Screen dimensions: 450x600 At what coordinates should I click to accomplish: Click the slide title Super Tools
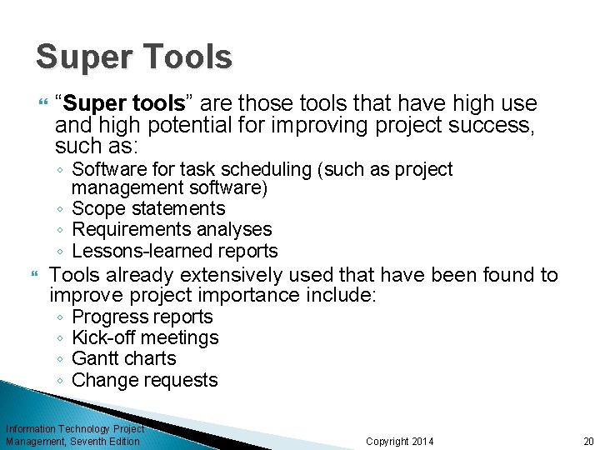coord(133,57)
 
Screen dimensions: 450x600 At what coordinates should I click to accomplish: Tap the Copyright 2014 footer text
coord(400,441)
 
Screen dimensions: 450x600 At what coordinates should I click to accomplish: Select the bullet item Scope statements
coord(148,208)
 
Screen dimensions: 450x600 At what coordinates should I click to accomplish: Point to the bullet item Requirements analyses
coord(172,229)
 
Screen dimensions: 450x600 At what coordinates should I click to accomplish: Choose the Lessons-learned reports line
coord(175,251)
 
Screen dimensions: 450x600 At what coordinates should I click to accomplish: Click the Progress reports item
coord(142,317)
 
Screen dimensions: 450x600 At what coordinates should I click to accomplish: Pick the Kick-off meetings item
coord(145,337)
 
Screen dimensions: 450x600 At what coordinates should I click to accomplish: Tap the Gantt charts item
coord(124,358)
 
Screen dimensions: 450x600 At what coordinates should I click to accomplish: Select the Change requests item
coord(145,380)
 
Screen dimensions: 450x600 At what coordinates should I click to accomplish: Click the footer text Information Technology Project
coord(75,428)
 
